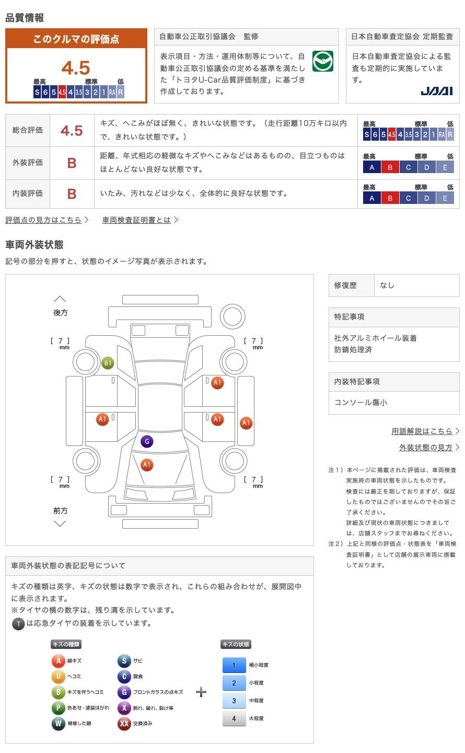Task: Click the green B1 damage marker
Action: (108, 363)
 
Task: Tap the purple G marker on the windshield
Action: (147, 441)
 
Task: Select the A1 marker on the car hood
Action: (147, 465)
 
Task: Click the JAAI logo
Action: (436, 91)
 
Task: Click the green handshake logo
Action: (323, 61)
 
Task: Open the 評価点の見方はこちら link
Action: (44, 220)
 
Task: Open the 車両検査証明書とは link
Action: (136, 220)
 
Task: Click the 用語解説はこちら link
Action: (422, 431)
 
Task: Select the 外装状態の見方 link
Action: (426, 448)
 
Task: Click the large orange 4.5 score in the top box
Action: (76, 67)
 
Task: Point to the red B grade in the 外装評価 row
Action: (72, 163)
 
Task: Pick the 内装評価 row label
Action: (28, 193)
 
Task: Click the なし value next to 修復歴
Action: (387, 285)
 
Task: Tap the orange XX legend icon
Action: (124, 723)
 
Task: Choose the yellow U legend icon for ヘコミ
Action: (58, 676)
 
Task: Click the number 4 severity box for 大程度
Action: (234, 718)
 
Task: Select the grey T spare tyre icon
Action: (18, 624)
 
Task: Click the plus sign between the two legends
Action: (201, 692)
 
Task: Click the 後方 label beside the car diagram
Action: (61, 313)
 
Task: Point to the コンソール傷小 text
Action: (361, 403)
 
